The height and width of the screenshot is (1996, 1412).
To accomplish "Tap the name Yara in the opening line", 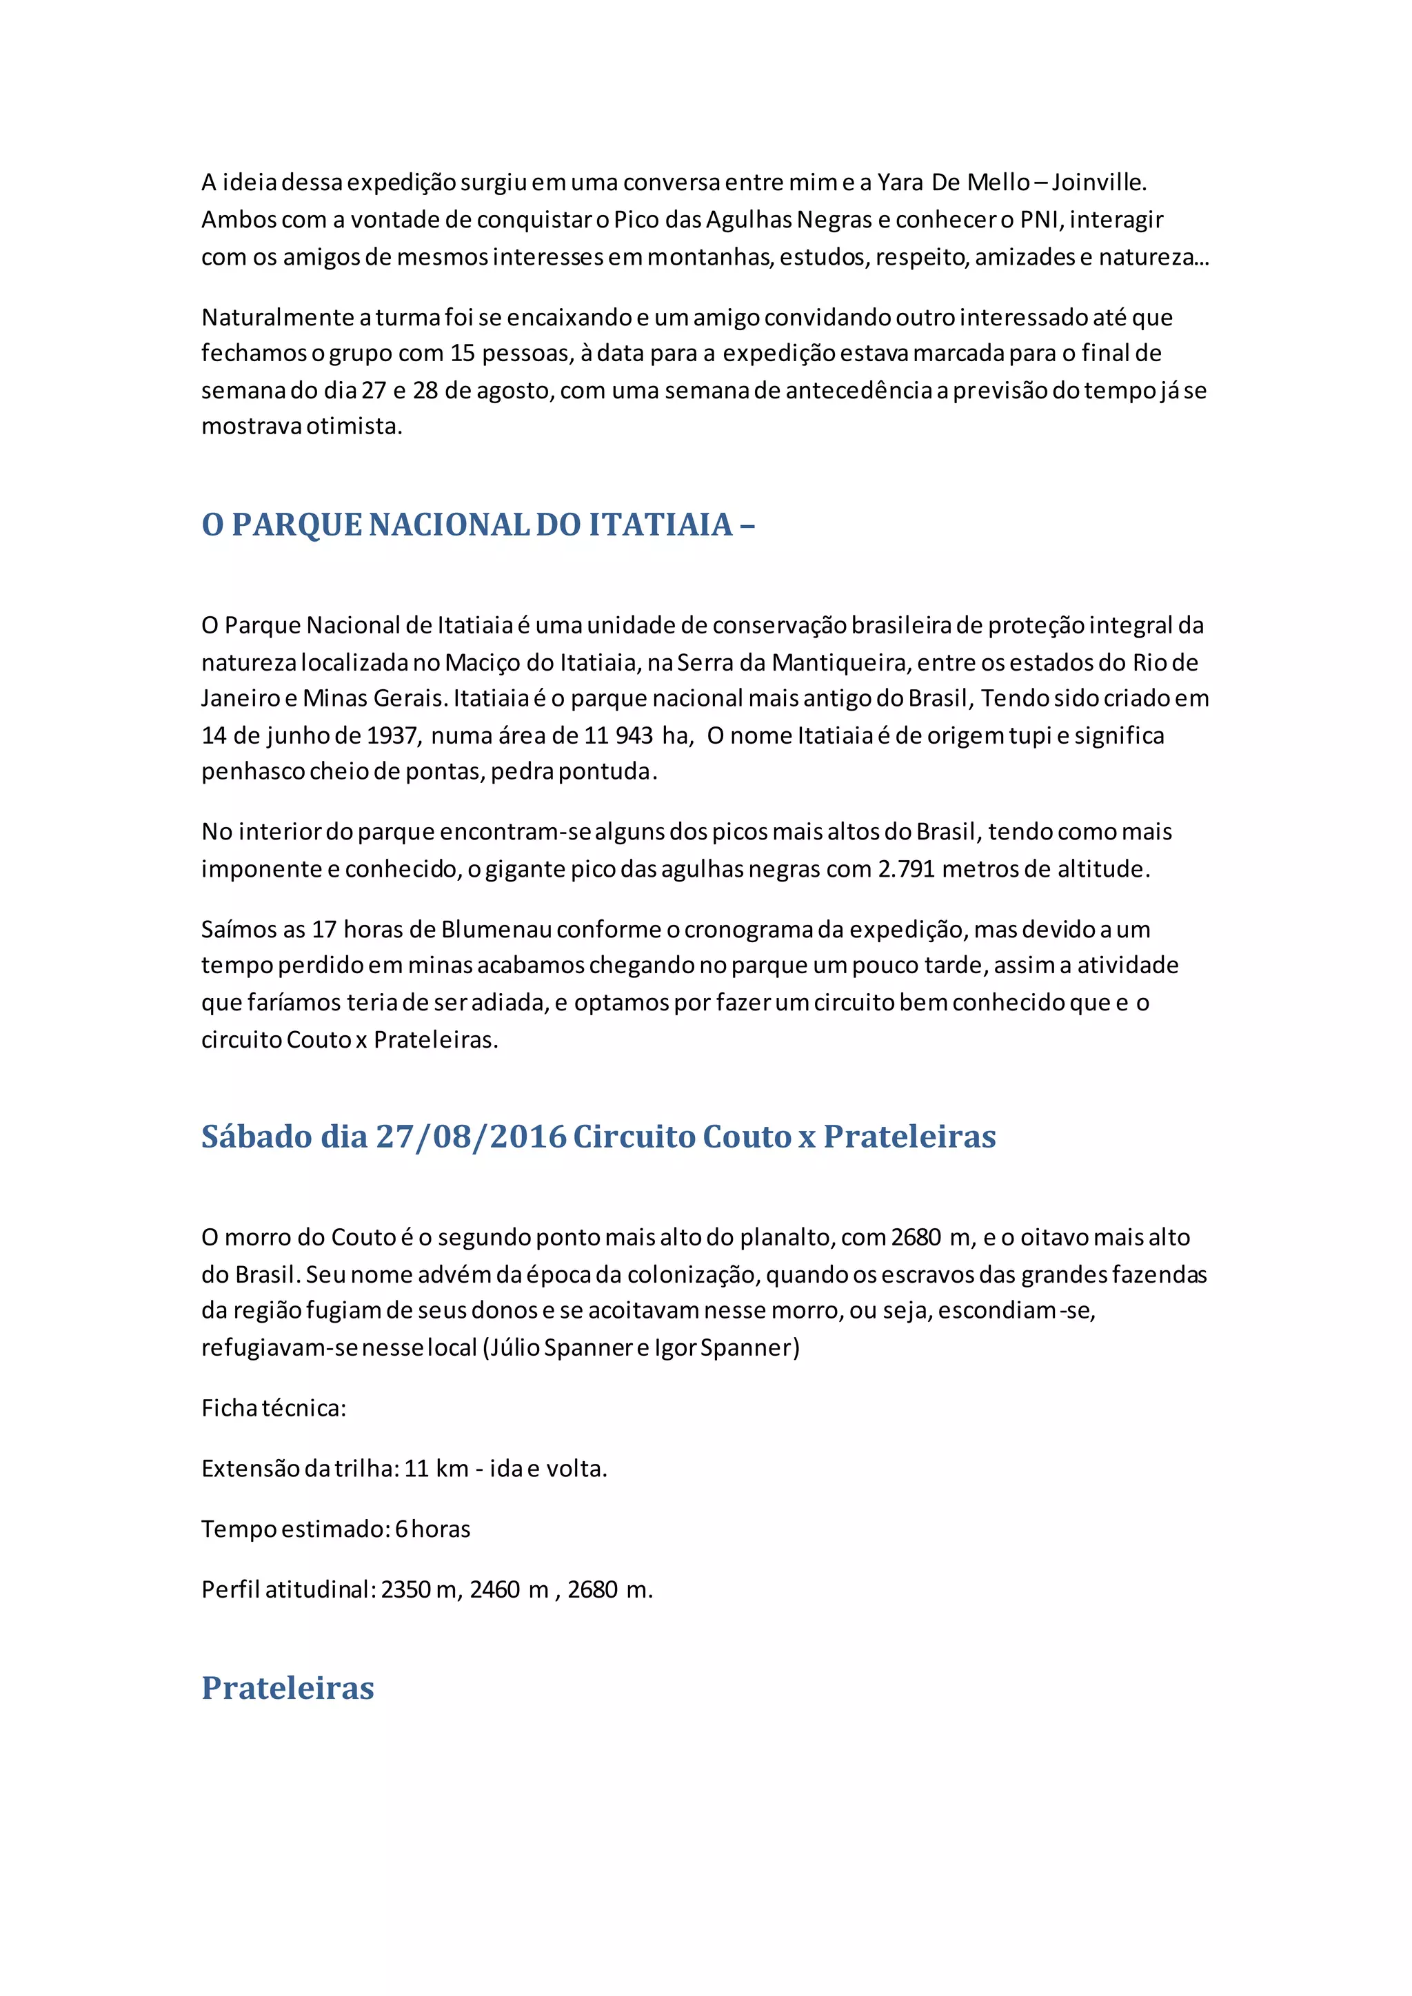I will click(x=900, y=183).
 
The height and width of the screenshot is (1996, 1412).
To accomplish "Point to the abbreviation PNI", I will click(x=1042, y=220).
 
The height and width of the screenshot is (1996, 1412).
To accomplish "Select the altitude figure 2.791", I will click(x=906, y=869).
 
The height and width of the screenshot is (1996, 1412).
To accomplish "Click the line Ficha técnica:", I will click(x=274, y=1408).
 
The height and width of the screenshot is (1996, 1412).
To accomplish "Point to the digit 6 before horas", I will click(x=401, y=1529).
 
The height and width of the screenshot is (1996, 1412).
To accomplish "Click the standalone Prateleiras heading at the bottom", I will click(x=288, y=1688).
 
